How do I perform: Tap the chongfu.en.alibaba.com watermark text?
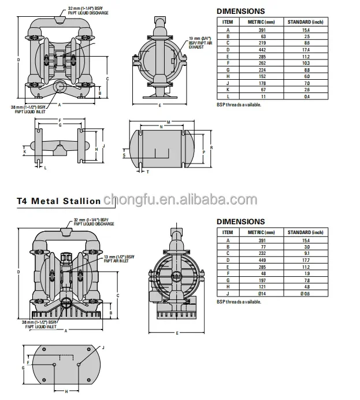[179, 200]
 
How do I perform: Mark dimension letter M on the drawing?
[168, 122]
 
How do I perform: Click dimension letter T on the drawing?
[148, 172]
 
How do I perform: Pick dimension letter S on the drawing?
[124, 155]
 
